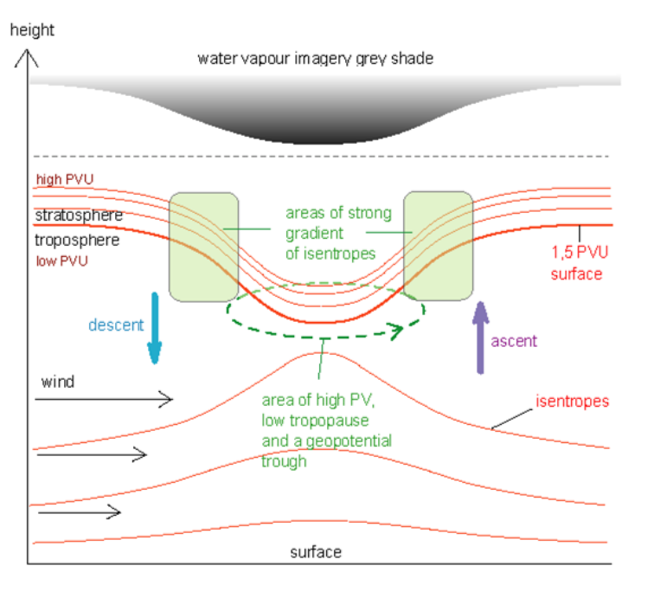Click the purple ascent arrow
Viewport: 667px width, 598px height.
click(x=478, y=338)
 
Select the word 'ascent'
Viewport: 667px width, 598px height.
click(x=514, y=341)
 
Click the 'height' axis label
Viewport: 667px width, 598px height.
click(x=31, y=30)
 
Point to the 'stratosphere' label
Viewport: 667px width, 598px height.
click(x=79, y=215)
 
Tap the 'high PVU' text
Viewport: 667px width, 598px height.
click(x=65, y=180)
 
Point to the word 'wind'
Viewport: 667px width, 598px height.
click(x=58, y=381)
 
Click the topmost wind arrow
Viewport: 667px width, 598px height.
click(x=104, y=399)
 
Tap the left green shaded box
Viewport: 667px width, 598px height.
click(x=204, y=247)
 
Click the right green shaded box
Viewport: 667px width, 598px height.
click(x=439, y=247)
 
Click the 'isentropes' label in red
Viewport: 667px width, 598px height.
click(x=573, y=402)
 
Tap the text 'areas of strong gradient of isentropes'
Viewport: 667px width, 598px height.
click(x=338, y=232)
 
